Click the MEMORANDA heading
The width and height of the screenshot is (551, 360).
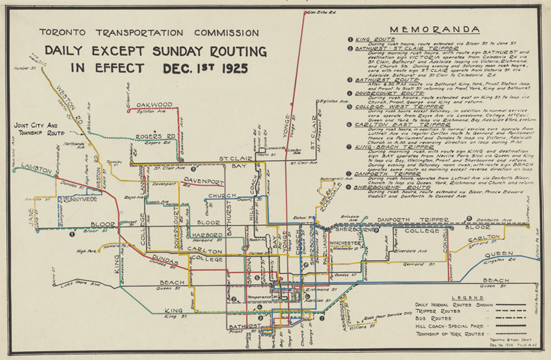(435, 30)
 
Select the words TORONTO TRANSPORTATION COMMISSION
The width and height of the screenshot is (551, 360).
(149, 33)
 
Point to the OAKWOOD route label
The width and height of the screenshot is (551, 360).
(154, 104)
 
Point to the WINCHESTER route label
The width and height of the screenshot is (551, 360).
(345, 243)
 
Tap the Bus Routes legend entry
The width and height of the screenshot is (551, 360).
(432, 319)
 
